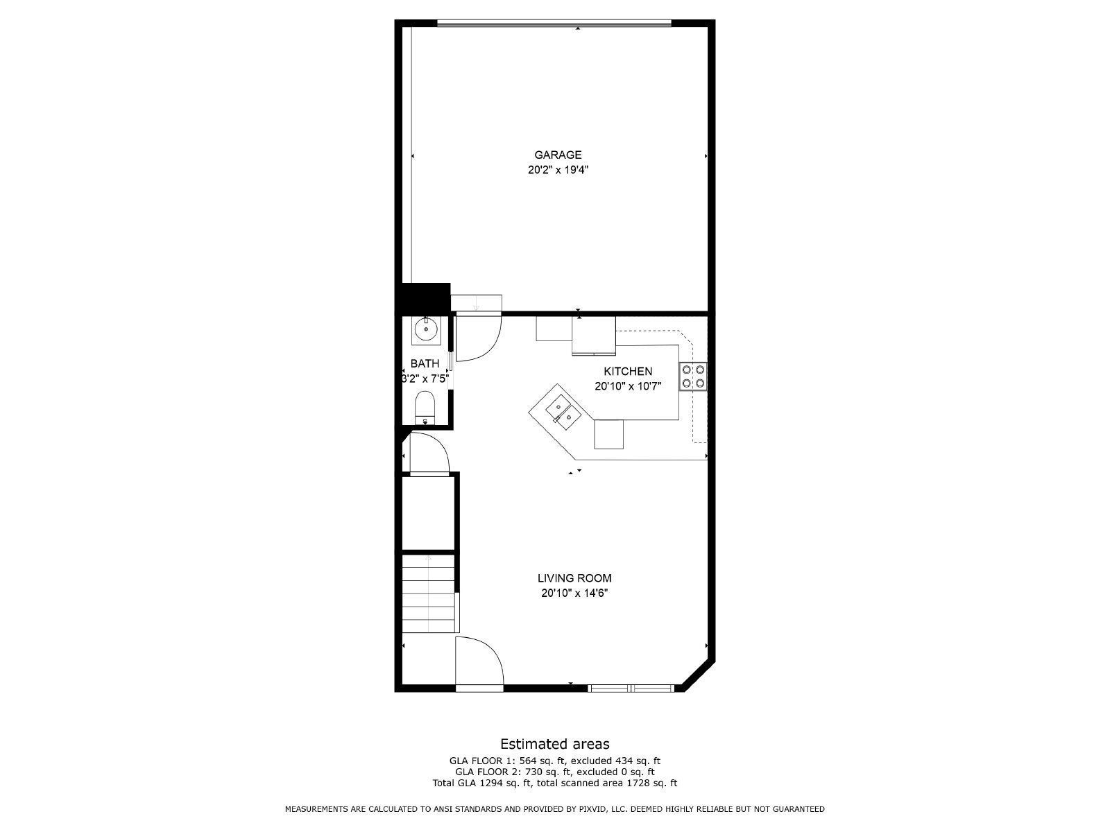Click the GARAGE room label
point(558,155)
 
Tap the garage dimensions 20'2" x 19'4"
point(558,170)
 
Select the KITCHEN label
point(628,372)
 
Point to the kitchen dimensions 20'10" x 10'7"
point(628,387)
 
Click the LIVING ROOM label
point(574,578)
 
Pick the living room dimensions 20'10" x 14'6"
point(574,593)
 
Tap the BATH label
point(425,363)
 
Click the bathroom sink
point(425,330)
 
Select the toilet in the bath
point(425,406)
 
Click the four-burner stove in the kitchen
point(693,376)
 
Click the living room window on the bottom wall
point(631,688)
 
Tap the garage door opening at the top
point(554,24)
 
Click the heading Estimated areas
point(555,744)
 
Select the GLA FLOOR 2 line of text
point(555,772)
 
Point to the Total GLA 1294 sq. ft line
point(555,783)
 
